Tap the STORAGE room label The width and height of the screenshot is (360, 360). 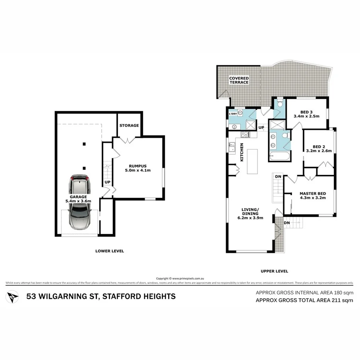click(x=129, y=125)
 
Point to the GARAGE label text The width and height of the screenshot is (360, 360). click(x=78, y=197)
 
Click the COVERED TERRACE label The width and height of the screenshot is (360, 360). click(x=239, y=80)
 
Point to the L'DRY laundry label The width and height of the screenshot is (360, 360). click(x=233, y=114)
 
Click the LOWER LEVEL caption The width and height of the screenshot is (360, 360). click(x=110, y=251)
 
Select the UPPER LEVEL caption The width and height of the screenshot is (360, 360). click(x=275, y=271)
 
